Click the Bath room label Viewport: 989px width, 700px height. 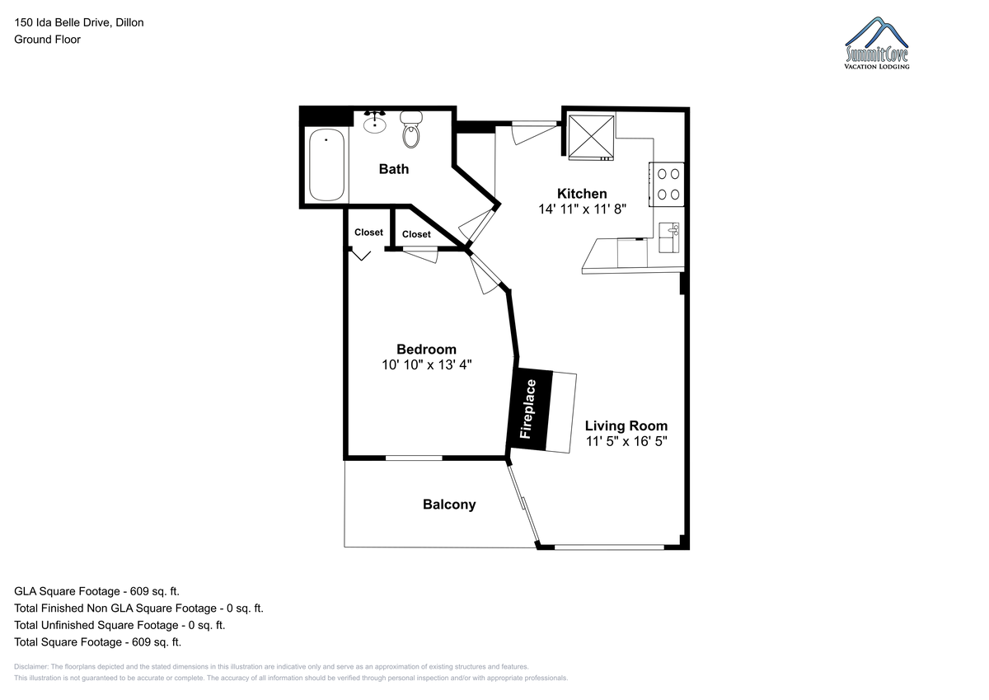[393, 169]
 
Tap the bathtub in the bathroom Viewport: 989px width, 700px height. [326, 165]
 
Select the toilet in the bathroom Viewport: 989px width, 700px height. [411, 129]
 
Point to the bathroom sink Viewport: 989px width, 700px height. [375, 122]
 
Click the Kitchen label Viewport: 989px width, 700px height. [582, 194]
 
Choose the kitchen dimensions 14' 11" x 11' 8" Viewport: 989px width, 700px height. [582, 209]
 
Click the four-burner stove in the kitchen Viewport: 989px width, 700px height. [667, 185]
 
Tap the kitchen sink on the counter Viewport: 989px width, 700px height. [668, 237]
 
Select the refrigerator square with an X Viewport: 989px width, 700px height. [591, 137]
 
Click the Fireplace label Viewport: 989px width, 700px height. [528, 409]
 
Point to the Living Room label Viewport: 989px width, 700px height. [626, 425]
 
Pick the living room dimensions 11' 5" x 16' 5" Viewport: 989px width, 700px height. [626, 441]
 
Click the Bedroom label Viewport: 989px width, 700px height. [426, 350]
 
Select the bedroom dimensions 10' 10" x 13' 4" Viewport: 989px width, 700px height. [427, 364]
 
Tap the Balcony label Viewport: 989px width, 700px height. [449, 505]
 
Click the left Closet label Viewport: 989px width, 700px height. [368, 233]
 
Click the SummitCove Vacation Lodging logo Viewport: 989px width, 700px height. [876, 43]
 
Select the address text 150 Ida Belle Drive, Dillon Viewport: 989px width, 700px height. [79, 22]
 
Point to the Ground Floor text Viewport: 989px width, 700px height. [47, 40]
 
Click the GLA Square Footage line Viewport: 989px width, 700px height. [96, 591]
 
